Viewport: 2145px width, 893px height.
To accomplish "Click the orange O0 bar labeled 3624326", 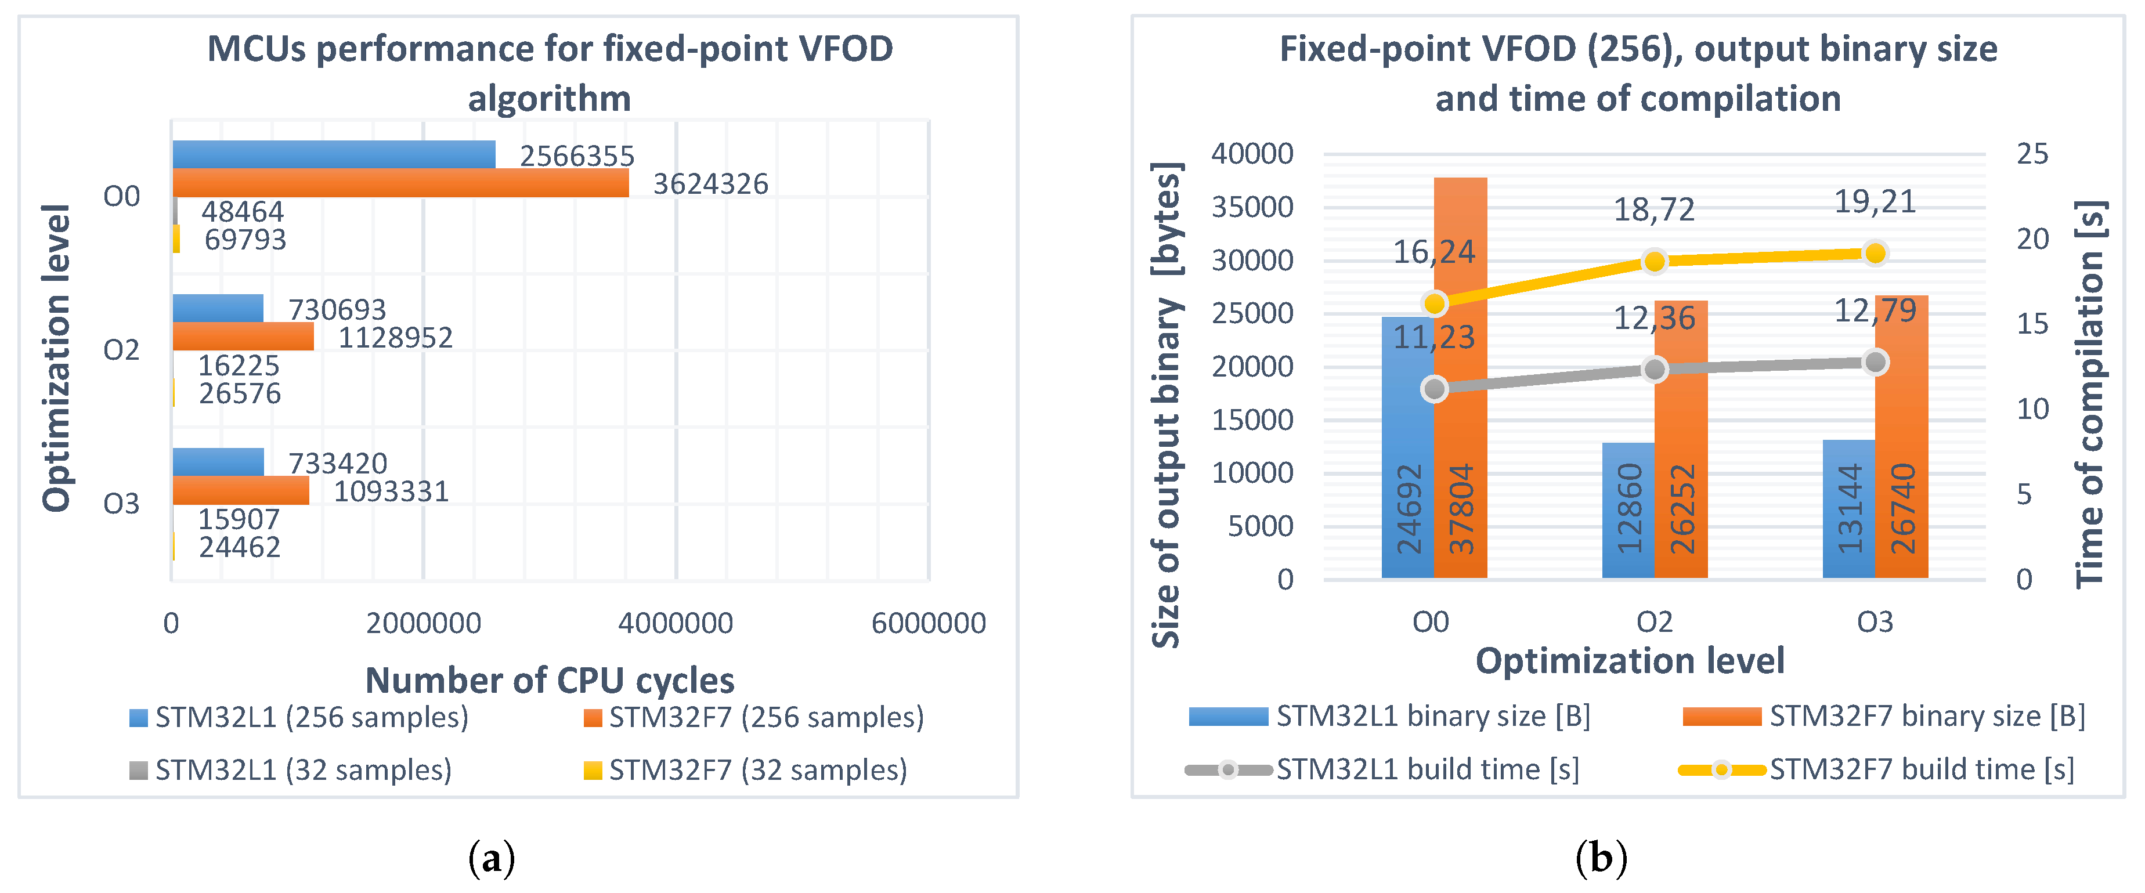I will [x=400, y=183].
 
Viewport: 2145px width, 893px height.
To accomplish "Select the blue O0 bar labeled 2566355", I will [x=333, y=155].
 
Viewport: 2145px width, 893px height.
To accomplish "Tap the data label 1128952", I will [x=396, y=338].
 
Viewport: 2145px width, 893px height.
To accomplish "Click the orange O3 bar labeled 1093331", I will [x=241, y=490].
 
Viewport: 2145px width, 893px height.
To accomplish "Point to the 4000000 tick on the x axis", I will [x=676, y=623].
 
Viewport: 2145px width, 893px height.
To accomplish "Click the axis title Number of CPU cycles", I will [x=550, y=680].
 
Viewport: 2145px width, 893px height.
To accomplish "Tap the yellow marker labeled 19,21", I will [x=1875, y=253].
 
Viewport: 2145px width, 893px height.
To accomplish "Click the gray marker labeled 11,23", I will [x=1434, y=389].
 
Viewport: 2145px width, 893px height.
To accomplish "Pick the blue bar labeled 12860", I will [x=1628, y=509].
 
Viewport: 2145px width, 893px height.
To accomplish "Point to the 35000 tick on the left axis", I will [x=1252, y=207].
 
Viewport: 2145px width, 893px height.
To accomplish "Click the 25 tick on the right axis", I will [x=2032, y=154].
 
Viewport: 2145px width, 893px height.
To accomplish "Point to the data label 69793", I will [x=245, y=240].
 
